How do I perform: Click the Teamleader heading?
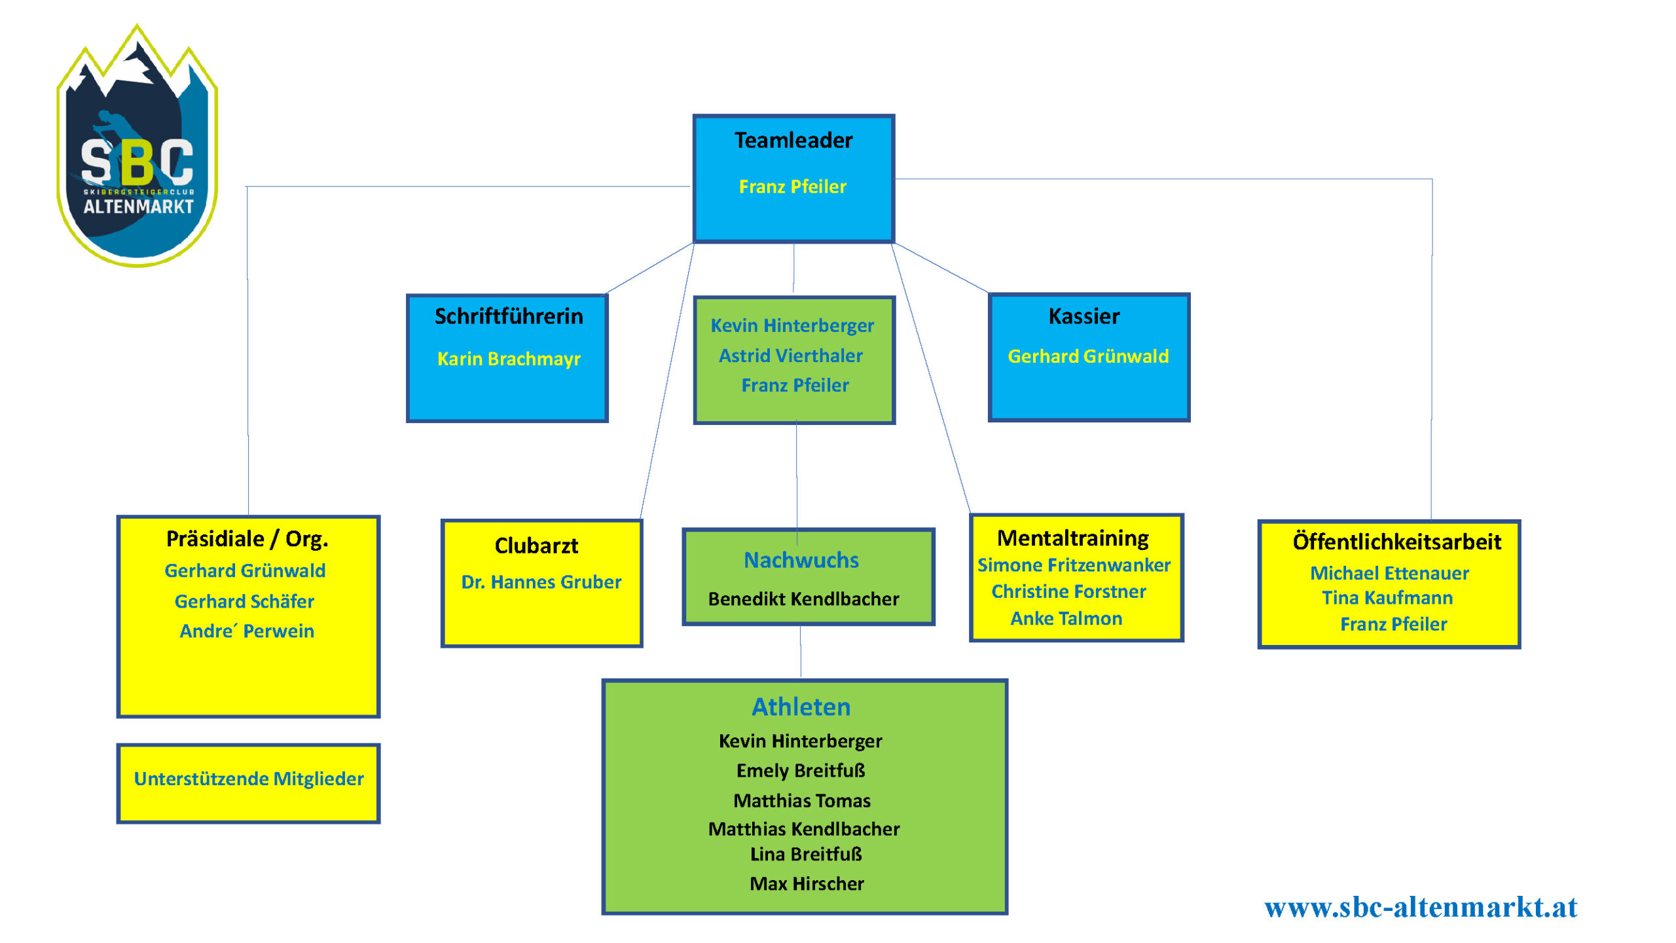(793, 140)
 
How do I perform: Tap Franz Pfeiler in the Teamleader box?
(792, 187)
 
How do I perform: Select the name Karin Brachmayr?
(509, 359)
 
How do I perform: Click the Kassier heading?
(1084, 316)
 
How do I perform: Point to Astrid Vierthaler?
(791, 356)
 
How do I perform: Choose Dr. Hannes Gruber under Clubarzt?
(541, 582)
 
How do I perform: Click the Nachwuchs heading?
(801, 560)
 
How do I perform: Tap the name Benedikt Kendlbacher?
(803, 599)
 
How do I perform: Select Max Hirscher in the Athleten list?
(807, 883)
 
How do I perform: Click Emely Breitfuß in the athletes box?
(801, 770)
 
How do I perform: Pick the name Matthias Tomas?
(802, 800)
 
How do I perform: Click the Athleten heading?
(801, 707)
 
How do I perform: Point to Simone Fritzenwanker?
(1074, 565)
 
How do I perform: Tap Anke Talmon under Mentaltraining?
(1066, 618)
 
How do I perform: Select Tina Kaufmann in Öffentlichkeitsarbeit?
(1387, 598)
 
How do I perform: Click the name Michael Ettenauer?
(1389, 573)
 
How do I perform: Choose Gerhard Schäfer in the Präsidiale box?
(244, 601)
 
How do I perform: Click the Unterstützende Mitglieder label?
(249, 779)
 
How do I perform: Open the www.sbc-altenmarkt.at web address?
(1421, 907)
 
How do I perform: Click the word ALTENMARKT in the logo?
(138, 207)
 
